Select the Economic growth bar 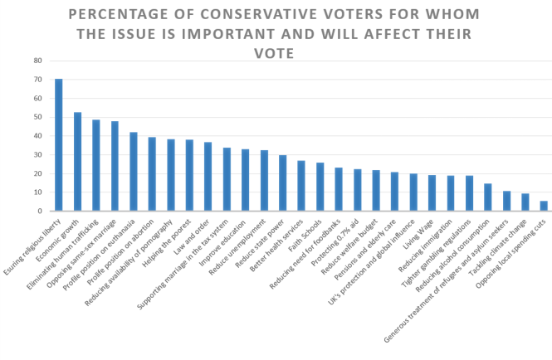pos(77,162)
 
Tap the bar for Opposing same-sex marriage pos(115,167)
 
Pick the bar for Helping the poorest pos(189,176)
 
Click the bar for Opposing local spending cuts pos(544,207)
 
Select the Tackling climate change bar pos(525,202)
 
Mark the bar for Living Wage pos(432,193)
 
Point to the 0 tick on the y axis pos(40,212)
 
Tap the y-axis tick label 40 pos(37,136)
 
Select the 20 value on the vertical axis pos(37,174)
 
